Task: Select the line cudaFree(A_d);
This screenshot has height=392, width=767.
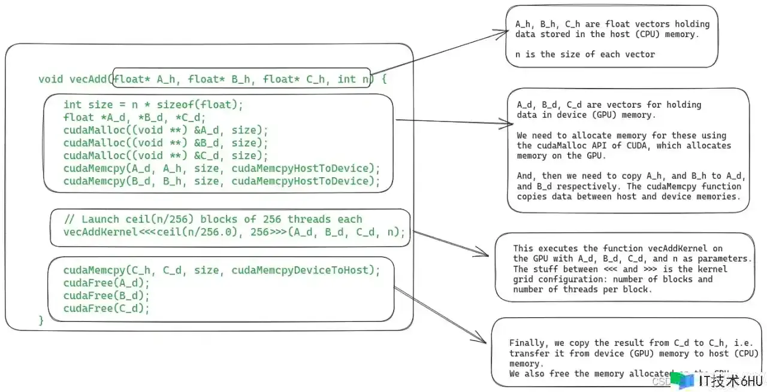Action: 106,283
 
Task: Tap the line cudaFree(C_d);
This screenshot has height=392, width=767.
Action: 106,308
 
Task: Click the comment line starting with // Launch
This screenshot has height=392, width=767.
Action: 213,219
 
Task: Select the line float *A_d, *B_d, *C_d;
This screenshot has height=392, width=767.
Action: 134,117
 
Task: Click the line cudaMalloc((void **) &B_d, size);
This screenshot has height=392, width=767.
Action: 166,143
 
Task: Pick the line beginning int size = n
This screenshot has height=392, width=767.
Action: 153,105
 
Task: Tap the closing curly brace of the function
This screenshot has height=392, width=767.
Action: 41,321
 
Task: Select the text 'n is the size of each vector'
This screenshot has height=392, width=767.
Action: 585,54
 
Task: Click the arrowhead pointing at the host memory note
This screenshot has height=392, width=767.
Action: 505,32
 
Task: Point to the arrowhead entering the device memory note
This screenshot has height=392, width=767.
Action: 502,124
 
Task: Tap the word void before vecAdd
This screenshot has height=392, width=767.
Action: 51,79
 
